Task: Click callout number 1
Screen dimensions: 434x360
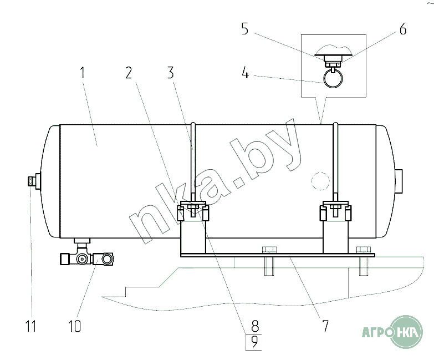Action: pos(82,73)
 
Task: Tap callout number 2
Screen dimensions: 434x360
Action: pos(129,73)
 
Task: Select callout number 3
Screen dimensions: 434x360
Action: pos(171,73)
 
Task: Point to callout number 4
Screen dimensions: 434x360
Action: pos(245,74)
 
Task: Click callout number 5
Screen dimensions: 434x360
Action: pos(245,29)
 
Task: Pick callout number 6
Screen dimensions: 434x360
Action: pos(403,29)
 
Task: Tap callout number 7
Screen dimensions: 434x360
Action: pos(325,326)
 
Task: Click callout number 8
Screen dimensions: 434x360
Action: pos(255,326)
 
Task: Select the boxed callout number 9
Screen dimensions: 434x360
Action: pos(254,342)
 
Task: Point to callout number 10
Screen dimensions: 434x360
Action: pos(75,326)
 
